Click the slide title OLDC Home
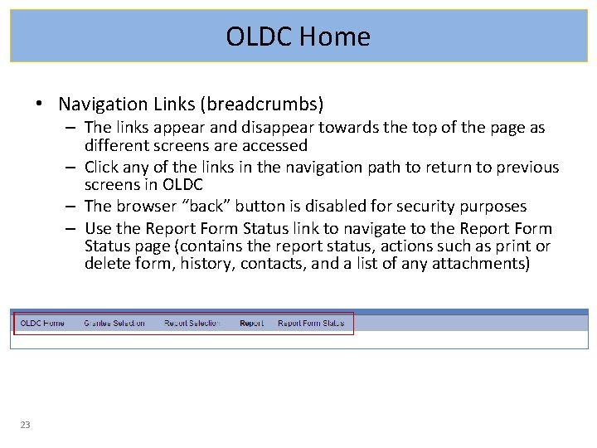coord(298,37)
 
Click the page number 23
coord(25,425)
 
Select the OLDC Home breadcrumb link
coord(42,324)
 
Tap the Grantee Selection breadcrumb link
coord(114,324)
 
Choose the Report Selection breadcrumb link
coord(192,324)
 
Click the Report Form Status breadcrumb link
coord(311,324)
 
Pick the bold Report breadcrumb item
coord(251,324)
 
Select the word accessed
coord(274,146)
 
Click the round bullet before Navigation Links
coord(39,105)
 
